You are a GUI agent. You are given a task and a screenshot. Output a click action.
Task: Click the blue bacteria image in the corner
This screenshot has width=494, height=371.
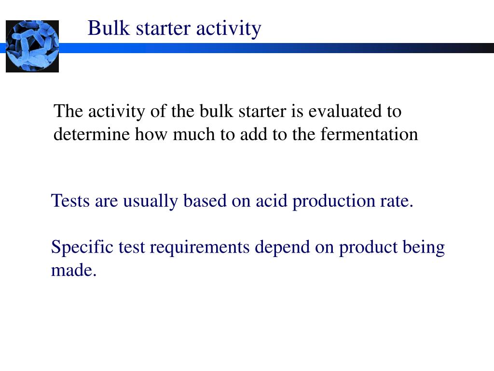coord(32,46)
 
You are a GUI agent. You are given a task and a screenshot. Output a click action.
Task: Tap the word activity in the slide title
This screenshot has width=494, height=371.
coord(229,28)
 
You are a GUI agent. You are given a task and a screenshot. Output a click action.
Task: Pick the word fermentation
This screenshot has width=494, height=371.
coord(369,134)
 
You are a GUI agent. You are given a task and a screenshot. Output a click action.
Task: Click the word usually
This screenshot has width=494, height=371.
coord(150,200)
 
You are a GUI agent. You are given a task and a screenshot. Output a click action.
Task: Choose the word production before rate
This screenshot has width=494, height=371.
coord(331,200)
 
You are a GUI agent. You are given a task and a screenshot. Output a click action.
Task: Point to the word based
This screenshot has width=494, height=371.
coord(205,200)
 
